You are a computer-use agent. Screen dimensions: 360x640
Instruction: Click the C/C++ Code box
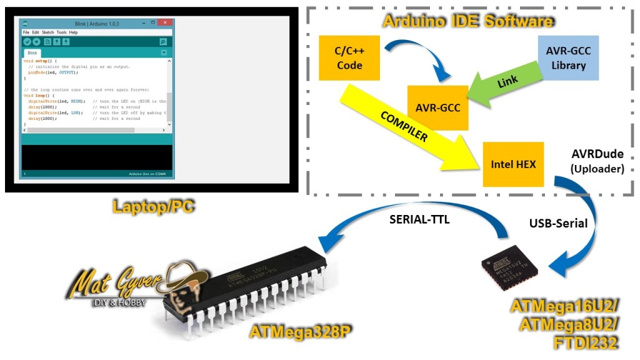pos(349,58)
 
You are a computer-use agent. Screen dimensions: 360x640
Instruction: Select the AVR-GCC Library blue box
pos(568,57)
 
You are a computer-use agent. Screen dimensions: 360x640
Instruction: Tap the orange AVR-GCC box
pos(437,107)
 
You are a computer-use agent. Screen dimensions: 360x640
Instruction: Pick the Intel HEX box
pos(513,164)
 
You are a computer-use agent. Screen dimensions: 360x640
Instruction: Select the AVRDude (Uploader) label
pos(597,161)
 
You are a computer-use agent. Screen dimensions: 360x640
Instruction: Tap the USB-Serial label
pos(558,223)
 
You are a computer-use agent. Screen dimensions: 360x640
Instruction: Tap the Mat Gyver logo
pos(134,287)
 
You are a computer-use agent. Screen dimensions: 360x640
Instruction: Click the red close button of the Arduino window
pos(164,22)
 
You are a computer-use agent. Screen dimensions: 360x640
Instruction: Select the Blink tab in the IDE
pos(32,53)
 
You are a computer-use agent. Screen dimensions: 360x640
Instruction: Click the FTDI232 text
pos(581,342)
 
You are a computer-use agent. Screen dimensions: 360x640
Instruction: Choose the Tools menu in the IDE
pos(61,32)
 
